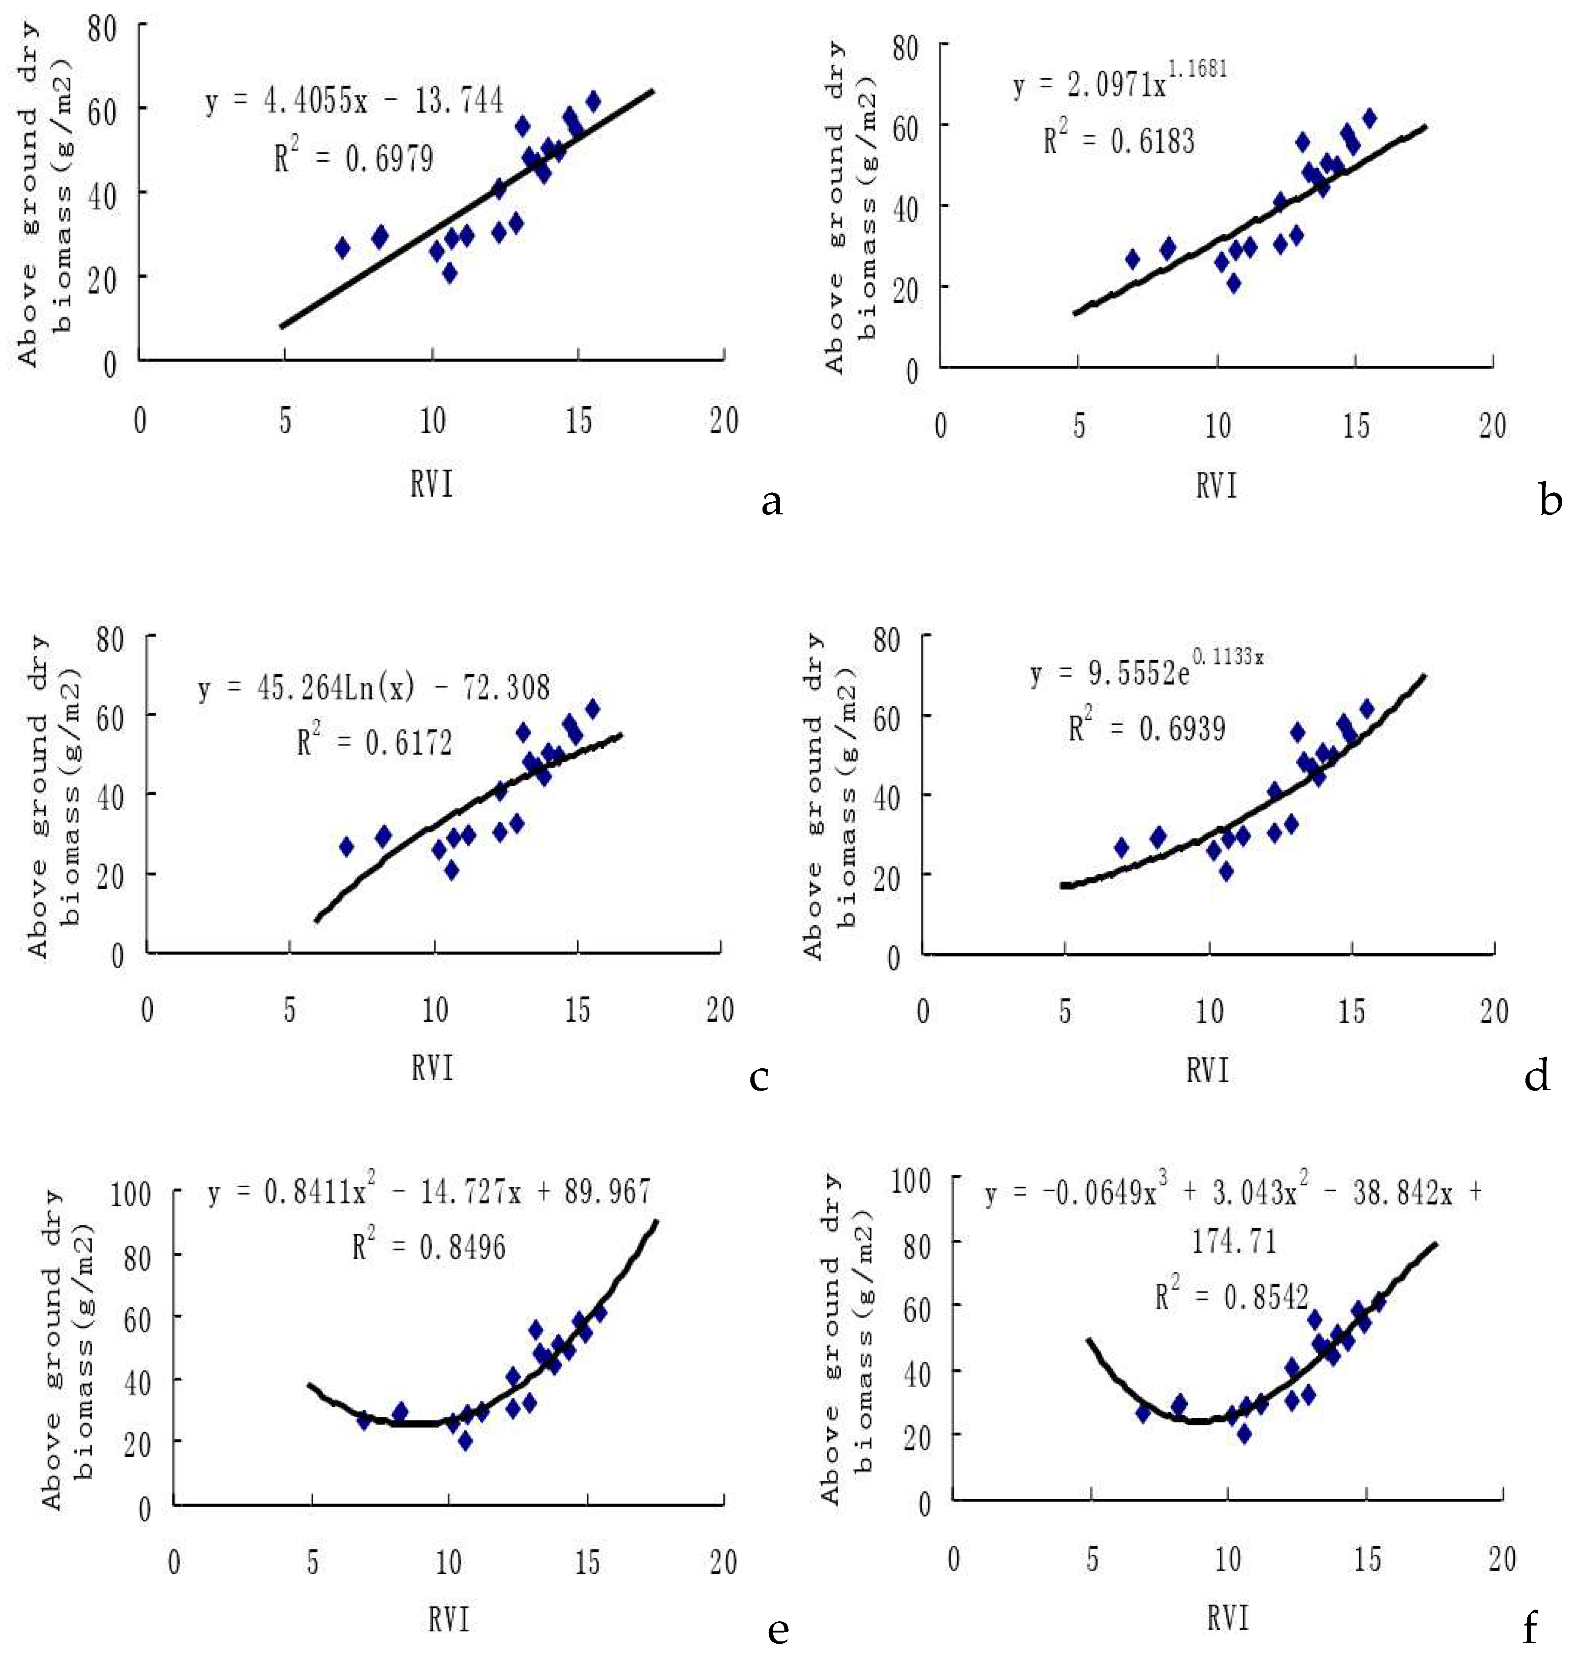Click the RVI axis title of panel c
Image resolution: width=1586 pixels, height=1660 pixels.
(x=432, y=1068)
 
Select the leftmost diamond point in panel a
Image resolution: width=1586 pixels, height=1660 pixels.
(x=342, y=248)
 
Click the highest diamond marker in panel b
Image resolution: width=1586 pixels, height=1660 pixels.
(x=1369, y=117)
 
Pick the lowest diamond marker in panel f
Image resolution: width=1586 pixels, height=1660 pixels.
(x=1244, y=1434)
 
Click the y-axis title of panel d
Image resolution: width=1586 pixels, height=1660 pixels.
(x=824, y=795)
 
